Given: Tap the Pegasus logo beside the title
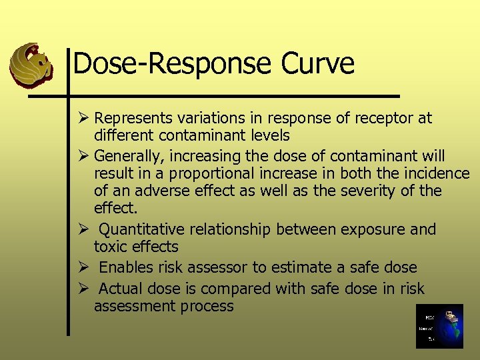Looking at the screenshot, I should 31,66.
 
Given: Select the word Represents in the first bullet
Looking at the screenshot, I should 131,119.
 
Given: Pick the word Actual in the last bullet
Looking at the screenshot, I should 120,289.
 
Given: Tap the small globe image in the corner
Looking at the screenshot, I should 439,326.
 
